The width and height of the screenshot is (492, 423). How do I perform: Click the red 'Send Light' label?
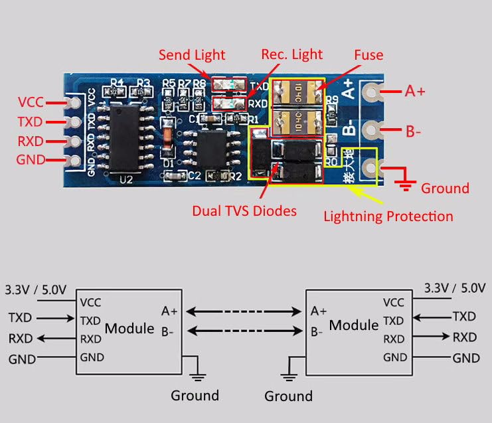click(191, 54)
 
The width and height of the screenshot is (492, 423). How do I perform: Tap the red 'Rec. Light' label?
click(292, 54)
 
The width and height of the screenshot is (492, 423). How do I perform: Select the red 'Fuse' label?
click(369, 54)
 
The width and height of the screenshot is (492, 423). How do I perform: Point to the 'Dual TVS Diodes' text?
click(244, 211)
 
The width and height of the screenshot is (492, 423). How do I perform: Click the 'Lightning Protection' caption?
click(388, 216)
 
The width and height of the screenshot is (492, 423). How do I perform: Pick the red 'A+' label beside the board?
click(415, 91)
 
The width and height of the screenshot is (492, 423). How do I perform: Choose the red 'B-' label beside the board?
click(413, 131)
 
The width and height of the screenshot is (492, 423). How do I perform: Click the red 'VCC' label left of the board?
click(31, 102)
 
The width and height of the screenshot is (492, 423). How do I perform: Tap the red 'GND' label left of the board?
click(31, 160)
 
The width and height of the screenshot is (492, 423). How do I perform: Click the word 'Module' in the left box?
click(129, 327)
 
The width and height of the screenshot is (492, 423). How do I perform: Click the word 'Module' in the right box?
click(353, 325)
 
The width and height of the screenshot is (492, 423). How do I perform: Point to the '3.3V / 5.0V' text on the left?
click(36, 290)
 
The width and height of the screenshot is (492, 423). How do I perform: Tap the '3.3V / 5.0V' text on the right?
click(455, 288)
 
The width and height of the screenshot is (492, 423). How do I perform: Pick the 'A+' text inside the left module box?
click(169, 311)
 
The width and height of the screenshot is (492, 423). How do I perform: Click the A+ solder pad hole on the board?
click(373, 92)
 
